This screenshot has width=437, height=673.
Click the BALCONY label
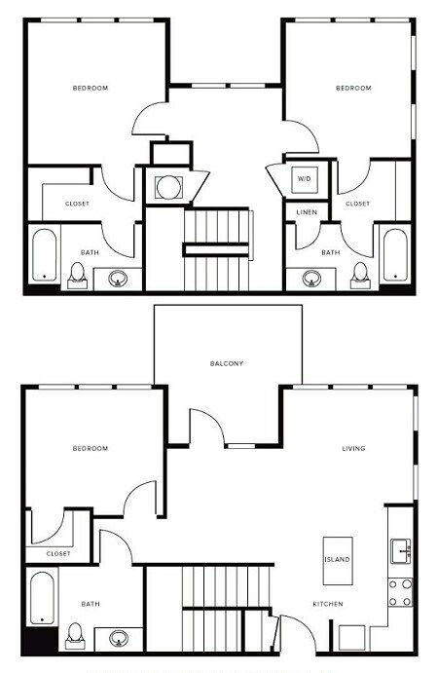coord(226,363)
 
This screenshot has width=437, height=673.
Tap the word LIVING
coord(352,448)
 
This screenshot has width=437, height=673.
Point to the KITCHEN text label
coord(327,604)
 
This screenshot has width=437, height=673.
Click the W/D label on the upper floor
coord(304,179)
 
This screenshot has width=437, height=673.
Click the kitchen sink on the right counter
coord(400,552)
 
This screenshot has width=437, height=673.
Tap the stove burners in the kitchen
coord(399,592)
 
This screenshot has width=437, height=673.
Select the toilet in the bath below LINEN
coord(360,273)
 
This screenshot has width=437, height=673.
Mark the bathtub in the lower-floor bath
coord(41,599)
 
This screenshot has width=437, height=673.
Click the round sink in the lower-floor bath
coord(119,639)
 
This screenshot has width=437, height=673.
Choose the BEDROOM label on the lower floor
coord(90,448)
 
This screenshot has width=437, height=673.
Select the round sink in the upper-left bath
coord(119,278)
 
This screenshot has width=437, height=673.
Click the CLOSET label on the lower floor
coord(58,553)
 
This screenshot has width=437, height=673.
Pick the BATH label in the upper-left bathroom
coord(90,252)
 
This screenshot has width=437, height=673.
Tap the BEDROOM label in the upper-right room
coord(353,89)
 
